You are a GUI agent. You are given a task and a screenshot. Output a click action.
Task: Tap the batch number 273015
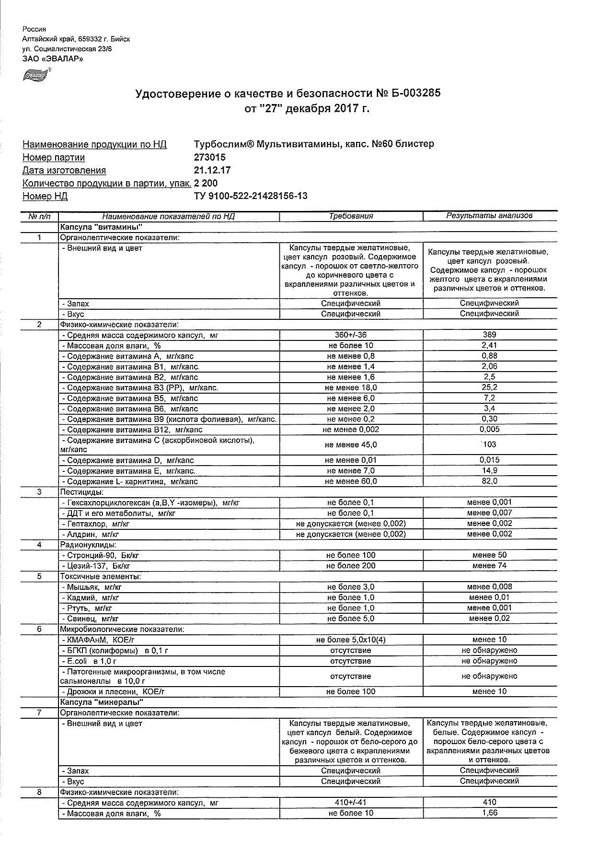210,157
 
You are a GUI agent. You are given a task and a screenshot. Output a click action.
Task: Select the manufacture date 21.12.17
212,170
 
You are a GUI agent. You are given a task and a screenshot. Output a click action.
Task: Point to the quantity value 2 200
206,183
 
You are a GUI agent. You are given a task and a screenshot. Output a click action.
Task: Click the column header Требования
351,216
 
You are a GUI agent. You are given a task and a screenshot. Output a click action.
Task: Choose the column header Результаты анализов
489,216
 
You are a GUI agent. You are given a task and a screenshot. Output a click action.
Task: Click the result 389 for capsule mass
489,335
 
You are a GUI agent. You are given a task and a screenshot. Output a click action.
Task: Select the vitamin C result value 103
489,444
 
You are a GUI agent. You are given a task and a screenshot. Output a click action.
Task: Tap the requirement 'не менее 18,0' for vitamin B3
351,387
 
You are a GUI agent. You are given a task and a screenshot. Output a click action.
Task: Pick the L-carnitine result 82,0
489,481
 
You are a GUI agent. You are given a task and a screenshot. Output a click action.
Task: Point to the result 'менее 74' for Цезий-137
489,566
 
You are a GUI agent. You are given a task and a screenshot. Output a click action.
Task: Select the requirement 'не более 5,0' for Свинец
351,619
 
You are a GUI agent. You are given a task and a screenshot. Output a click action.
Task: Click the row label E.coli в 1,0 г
91,661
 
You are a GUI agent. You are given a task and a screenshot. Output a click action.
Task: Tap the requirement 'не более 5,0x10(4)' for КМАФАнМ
351,640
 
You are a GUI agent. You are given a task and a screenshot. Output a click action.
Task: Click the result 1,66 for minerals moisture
489,813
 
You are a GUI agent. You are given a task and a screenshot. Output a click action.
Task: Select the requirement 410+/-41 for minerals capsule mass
351,802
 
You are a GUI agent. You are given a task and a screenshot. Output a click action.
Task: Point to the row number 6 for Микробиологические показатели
39,629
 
